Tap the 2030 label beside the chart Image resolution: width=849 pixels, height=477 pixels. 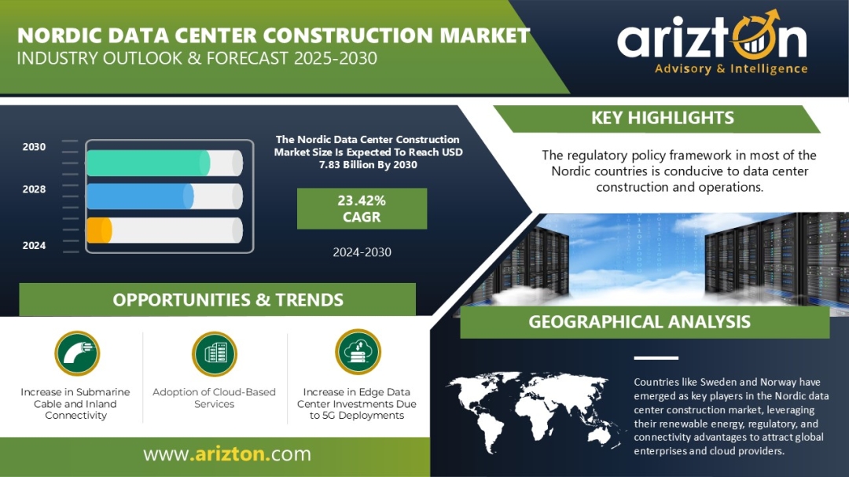34,147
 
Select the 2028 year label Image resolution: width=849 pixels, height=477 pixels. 34,189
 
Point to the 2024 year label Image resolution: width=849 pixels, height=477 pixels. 34,245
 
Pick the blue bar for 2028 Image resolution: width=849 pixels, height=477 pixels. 140,196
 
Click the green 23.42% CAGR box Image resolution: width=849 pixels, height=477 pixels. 362,208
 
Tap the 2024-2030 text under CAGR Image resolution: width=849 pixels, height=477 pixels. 362,251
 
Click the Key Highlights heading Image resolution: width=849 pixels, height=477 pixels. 662,118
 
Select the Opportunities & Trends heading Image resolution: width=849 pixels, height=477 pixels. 228,300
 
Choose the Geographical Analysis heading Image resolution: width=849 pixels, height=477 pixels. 639,321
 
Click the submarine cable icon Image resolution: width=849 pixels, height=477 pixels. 77,354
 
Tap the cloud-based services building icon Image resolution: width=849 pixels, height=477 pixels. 215,354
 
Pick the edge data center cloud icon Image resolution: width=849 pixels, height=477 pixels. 358,352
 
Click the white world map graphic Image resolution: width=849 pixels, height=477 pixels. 536,412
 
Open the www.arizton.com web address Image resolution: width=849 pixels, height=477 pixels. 227,453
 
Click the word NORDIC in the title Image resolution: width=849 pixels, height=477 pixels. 60,35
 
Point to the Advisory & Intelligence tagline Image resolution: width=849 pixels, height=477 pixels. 731,69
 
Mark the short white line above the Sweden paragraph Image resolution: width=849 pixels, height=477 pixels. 656,358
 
